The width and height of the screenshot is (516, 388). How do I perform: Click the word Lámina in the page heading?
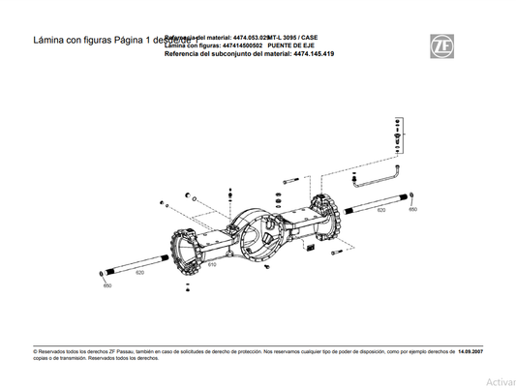tap(51, 43)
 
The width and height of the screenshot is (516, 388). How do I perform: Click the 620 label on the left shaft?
tap(140, 273)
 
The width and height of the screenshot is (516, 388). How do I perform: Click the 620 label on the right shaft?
tap(380, 210)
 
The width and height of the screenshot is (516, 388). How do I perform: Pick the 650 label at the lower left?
tap(107, 285)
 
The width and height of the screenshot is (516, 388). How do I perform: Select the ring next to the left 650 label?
tap(104, 276)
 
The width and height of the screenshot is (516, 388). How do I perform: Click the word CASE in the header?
tap(309, 37)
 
